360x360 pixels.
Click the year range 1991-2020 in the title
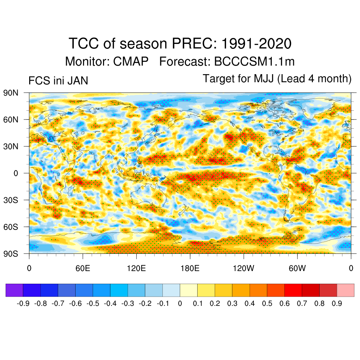(x=256, y=44)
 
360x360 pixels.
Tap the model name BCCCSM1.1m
(x=254, y=62)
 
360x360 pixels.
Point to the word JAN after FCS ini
(x=77, y=81)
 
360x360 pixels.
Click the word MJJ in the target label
(x=264, y=79)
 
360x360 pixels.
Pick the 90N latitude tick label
(x=11, y=93)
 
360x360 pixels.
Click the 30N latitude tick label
(x=11, y=146)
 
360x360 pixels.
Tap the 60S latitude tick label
(x=11, y=227)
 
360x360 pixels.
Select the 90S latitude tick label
(x=11, y=253)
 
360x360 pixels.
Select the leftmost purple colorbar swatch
(x=14, y=290)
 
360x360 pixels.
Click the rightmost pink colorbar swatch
(x=345, y=290)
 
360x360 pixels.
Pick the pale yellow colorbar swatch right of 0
(x=188, y=290)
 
